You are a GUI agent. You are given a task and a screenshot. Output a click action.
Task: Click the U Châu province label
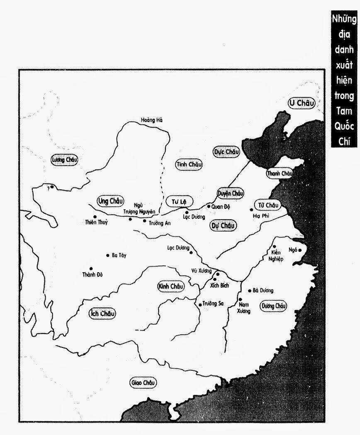pos(302,103)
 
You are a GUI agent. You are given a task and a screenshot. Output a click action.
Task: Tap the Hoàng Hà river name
pos(152,120)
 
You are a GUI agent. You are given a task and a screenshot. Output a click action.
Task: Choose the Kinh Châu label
pos(170,286)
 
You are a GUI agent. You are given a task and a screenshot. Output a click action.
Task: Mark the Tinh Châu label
pos(189,164)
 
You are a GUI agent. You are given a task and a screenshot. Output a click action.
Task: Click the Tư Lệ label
pos(179,202)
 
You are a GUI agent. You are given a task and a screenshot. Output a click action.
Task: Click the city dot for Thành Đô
pos(91,268)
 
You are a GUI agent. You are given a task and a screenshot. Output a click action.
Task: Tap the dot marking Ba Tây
pos(108,255)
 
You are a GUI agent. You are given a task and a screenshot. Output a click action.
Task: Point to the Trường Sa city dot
pos(200,304)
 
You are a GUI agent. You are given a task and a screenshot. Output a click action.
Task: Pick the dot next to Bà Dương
pos(249,290)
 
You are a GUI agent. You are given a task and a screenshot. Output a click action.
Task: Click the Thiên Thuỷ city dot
pos(95,217)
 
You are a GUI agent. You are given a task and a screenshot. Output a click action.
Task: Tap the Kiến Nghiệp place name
pos(277,256)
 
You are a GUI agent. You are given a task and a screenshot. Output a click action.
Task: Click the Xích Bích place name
pos(220,285)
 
